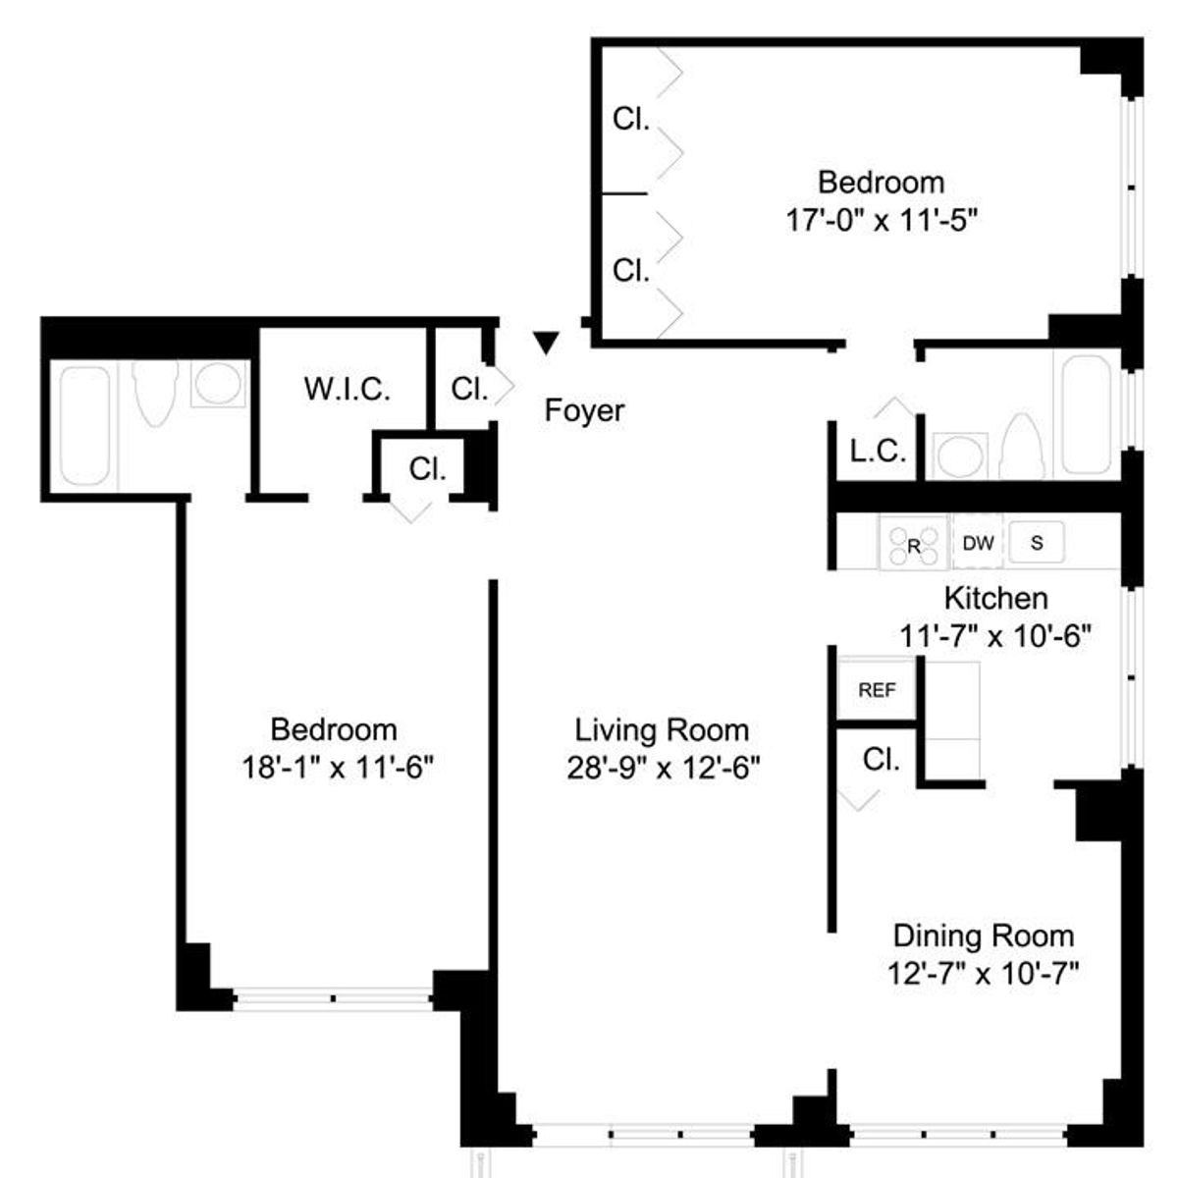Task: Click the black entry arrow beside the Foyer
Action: coord(546,343)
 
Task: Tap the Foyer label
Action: coord(584,410)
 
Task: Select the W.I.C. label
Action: coord(348,389)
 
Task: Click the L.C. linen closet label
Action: coord(878,452)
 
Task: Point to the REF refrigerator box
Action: coord(877,689)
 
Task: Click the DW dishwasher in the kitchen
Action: coord(978,543)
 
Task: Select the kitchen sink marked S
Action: coord(1037,542)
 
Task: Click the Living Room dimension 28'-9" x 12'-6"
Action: coord(664,768)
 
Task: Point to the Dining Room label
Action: coord(984,936)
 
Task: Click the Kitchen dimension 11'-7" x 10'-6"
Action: coord(995,636)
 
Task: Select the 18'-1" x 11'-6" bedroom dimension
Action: coord(338,768)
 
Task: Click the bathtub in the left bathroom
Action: coord(84,426)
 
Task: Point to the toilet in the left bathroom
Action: coord(155,392)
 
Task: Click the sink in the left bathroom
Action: coord(218,384)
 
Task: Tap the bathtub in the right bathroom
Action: coord(1086,414)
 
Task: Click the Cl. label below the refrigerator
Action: coord(881,760)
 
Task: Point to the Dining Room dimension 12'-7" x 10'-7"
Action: coord(983,973)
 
